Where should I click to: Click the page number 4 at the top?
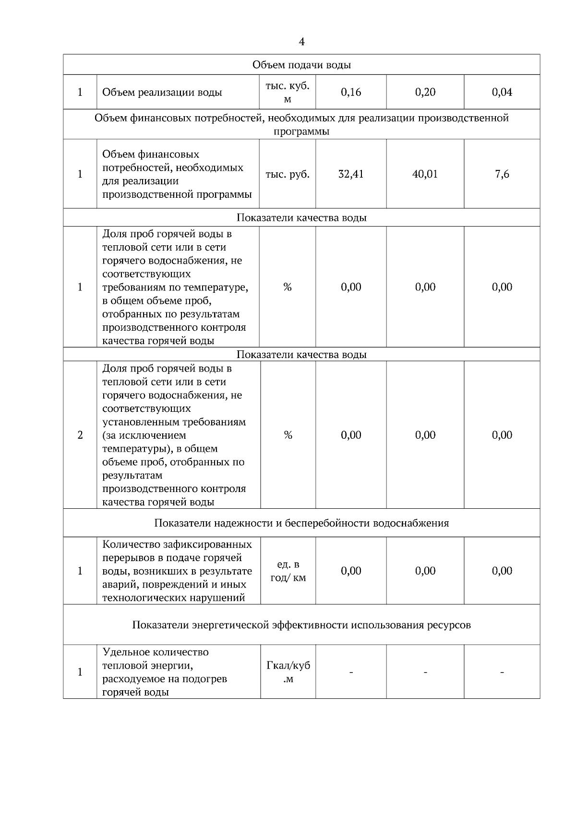[301, 42]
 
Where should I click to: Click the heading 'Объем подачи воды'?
[301, 65]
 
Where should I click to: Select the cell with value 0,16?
[351, 92]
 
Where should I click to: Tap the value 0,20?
[425, 92]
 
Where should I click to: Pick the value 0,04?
[502, 92]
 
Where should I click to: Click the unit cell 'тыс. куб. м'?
[288, 92]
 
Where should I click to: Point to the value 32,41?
[351, 174]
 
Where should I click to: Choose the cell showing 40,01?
[425, 174]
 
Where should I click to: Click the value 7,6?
[502, 174]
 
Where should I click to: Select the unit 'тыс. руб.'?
[288, 174]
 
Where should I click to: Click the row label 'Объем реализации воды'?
[162, 92]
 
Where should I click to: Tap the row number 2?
[80, 435]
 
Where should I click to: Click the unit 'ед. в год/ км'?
[288, 571]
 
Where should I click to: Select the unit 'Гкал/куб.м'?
[288, 672]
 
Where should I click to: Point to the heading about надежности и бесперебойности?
[301, 523]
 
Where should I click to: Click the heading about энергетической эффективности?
[301, 625]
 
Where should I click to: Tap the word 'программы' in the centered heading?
[301, 132]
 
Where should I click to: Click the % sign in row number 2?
[288, 435]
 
